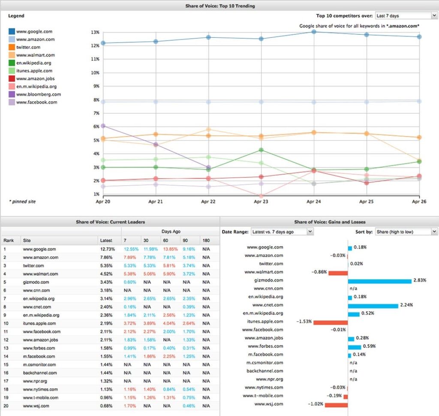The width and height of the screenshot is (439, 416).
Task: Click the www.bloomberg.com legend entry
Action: pos(38,94)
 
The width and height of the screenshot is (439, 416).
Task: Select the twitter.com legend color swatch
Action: pos(12,47)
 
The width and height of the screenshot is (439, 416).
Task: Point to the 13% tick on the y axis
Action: pos(95,32)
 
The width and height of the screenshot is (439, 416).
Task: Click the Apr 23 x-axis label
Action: pos(261,201)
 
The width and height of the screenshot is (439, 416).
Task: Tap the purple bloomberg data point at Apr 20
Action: pos(103,126)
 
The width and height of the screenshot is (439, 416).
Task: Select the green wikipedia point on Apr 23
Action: pos(261,150)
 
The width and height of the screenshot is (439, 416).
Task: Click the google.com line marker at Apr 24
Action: pos(314,32)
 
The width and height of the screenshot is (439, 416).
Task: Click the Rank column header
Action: pos(9,241)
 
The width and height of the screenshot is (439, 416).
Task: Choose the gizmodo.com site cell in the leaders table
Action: pos(36,282)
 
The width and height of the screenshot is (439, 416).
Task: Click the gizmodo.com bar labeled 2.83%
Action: pos(379,280)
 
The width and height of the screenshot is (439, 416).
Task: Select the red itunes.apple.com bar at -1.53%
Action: pos(330,322)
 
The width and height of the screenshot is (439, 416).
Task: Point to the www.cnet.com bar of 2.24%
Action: pos(373,305)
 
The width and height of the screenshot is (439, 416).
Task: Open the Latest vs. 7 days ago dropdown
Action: pos(282,232)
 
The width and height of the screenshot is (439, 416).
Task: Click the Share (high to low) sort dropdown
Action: pos(406,232)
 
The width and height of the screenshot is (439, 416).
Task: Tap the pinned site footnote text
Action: pos(22,201)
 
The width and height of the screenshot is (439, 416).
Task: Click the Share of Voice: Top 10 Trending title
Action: pos(219,6)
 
